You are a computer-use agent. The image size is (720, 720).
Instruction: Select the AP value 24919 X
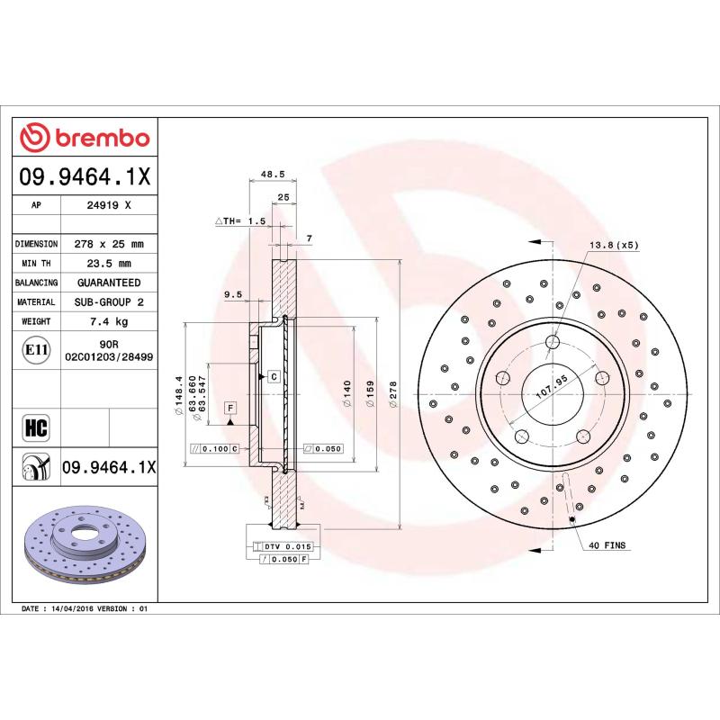tap(109, 205)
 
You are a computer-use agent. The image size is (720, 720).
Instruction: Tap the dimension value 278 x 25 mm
tap(109, 244)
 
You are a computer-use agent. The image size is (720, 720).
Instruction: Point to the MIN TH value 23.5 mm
tap(109, 264)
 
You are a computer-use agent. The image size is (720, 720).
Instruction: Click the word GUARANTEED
tap(109, 283)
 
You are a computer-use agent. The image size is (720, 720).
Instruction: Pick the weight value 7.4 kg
tap(109, 321)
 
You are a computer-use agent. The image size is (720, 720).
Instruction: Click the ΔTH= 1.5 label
tap(240, 220)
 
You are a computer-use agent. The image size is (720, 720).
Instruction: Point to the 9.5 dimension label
tap(232, 294)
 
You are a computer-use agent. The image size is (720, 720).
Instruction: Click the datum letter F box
tap(230, 409)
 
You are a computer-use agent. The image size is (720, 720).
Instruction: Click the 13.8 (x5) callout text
tap(613, 245)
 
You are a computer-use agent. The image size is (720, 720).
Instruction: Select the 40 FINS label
tap(607, 545)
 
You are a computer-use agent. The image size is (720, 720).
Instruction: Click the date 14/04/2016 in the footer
tap(75, 609)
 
